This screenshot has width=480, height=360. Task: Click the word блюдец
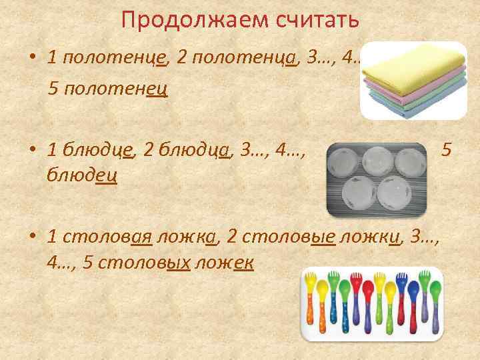point(83,175)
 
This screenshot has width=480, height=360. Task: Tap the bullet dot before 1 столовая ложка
point(32,235)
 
